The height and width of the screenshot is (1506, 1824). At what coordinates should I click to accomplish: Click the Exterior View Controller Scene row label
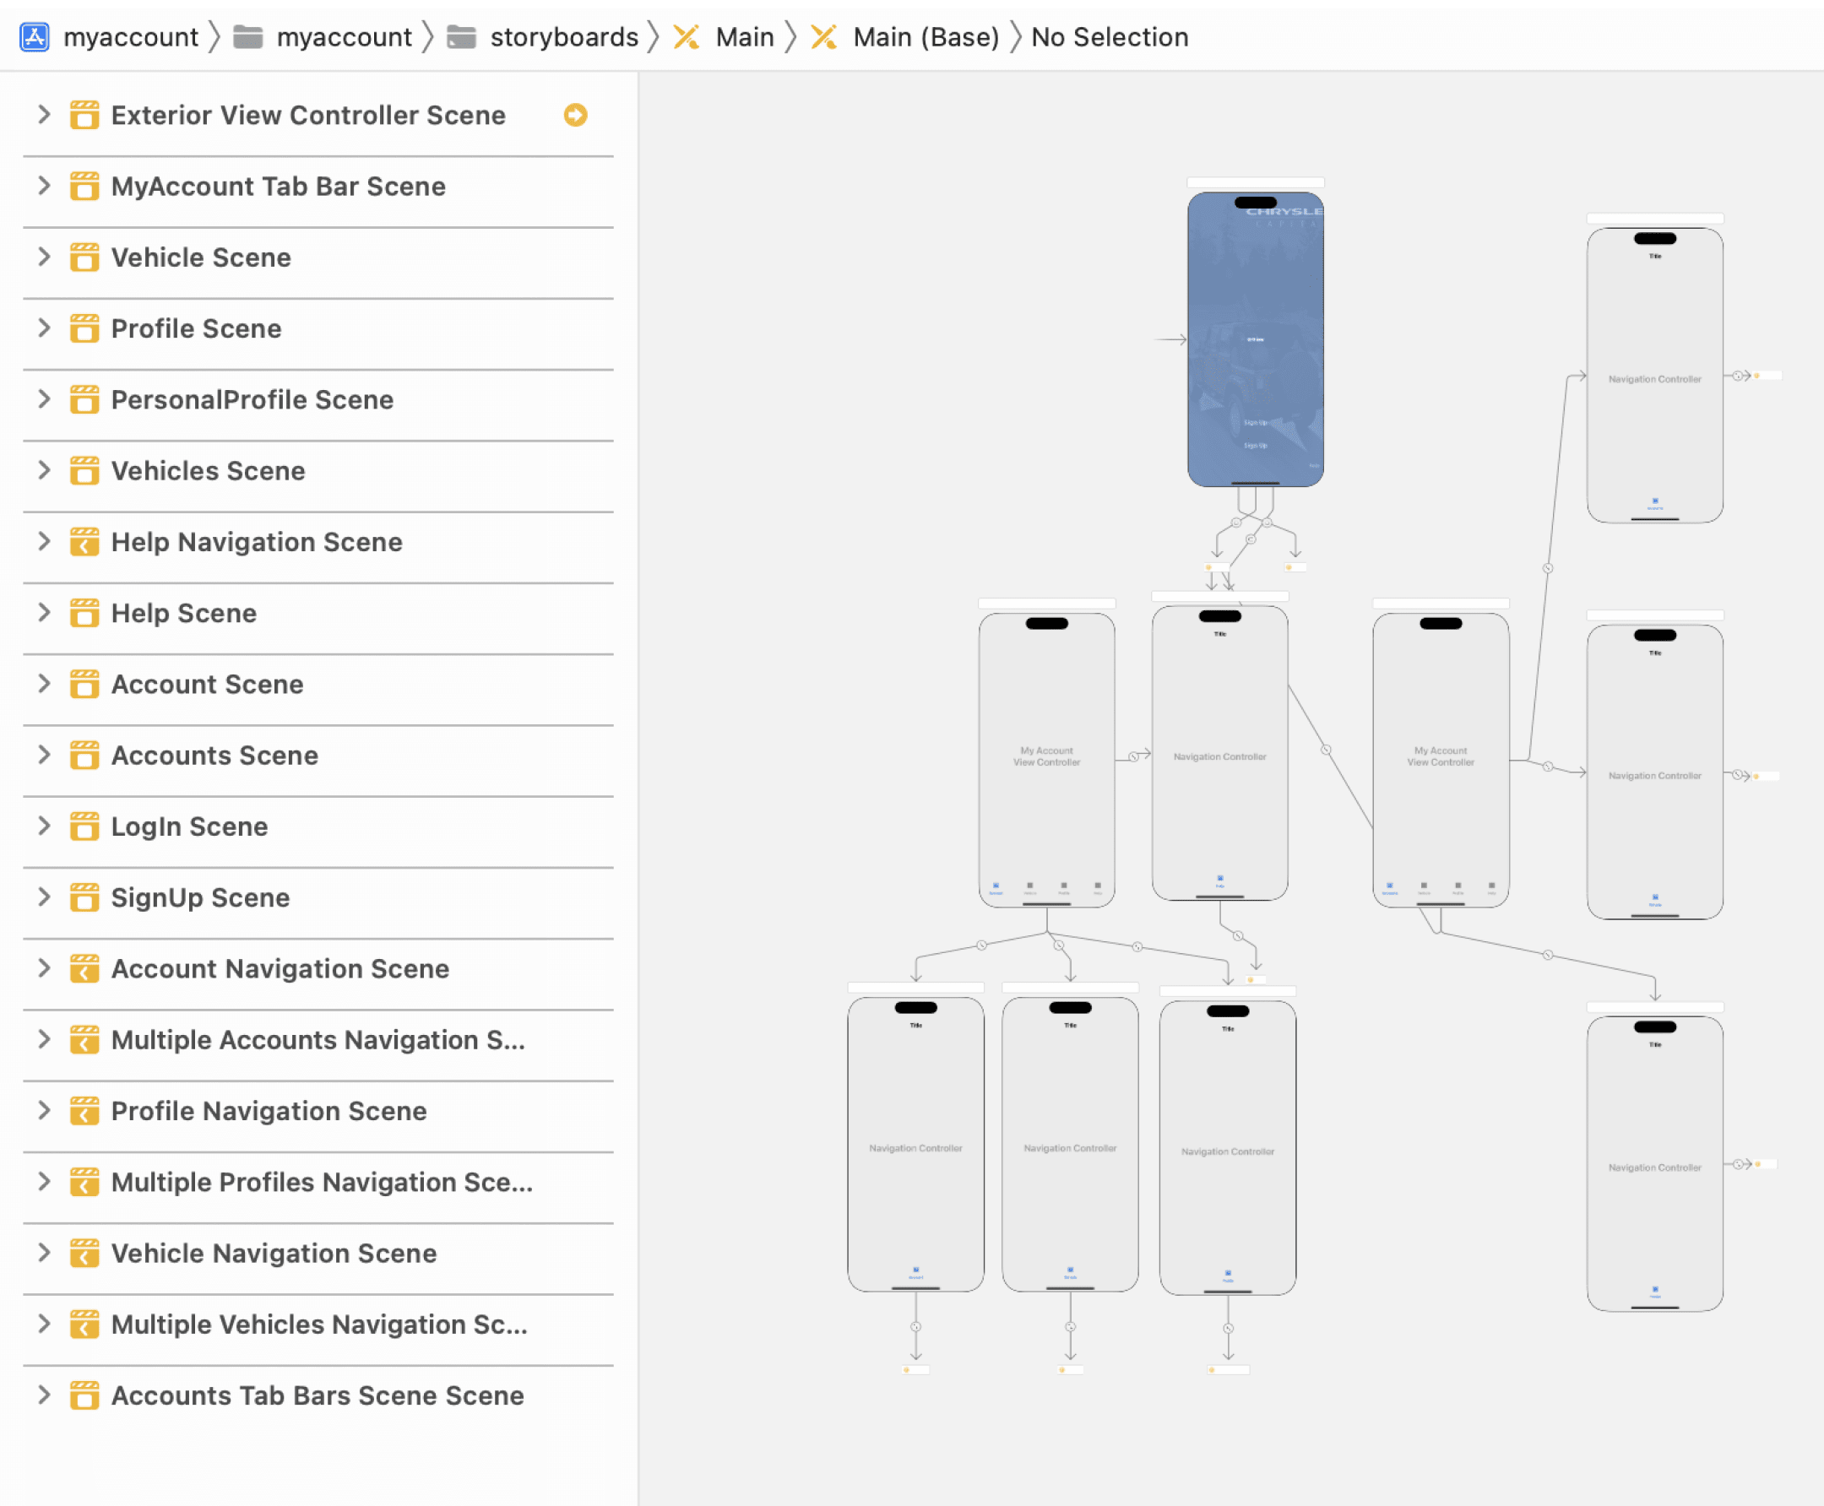click(308, 116)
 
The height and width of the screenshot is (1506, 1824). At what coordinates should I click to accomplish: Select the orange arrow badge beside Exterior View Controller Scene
click(575, 116)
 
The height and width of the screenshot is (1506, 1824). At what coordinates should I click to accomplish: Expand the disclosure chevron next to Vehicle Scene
click(44, 257)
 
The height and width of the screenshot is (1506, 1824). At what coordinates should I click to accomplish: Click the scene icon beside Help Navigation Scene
click(84, 542)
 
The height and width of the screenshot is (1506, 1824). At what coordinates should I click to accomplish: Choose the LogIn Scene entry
click(189, 826)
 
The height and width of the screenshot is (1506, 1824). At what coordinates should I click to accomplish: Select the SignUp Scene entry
click(200, 898)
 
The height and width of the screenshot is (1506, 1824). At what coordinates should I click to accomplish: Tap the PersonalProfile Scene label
click(252, 400)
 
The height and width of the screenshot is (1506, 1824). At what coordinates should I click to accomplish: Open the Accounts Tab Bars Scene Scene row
click(317, 1395)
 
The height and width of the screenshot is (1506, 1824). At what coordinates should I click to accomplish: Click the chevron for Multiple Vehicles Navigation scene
click(44, 1324)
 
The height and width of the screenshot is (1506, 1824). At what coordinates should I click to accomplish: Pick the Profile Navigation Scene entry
click(269, 1111)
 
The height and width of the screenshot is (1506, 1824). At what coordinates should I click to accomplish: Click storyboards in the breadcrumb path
click(563, 37)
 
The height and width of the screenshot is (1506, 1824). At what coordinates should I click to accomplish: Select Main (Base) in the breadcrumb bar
click(925, 37)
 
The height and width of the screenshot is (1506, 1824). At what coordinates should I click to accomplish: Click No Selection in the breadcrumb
click(1109, 37)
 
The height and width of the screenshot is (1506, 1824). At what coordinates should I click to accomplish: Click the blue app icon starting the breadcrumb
click(35, 37)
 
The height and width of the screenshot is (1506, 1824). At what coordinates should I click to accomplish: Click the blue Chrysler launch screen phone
click(1255, 339)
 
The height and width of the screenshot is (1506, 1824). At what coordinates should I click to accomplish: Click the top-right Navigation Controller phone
click(1654, 375)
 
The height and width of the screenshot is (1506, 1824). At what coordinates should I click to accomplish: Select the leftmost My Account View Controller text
click(1046, 756)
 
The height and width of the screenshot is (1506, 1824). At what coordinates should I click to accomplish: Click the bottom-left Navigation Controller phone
click(915, 1145)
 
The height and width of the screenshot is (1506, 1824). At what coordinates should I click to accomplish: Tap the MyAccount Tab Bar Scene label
click(278, 187)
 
